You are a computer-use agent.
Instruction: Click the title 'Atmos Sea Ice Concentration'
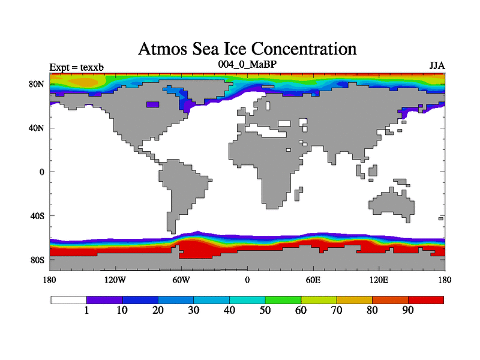247,48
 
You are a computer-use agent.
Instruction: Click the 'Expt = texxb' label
77,67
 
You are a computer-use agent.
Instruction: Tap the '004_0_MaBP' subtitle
247,64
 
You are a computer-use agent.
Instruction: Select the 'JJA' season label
436,65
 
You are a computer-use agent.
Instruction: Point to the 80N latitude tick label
38,84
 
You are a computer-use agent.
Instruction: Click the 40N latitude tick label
38,128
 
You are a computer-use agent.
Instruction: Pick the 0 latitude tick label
42,172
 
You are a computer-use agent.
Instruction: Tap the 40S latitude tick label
38,215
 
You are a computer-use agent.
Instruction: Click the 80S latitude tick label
38,260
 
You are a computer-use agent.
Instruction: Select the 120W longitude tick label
115,280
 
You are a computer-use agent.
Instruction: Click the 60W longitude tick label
181,280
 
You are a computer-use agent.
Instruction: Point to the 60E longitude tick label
313,280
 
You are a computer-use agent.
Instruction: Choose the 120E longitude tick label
379,280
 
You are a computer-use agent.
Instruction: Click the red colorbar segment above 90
426,299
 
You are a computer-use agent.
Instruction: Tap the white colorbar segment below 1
68,299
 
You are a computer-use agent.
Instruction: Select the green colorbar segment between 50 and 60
283,299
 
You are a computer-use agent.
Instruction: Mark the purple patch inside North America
153,104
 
